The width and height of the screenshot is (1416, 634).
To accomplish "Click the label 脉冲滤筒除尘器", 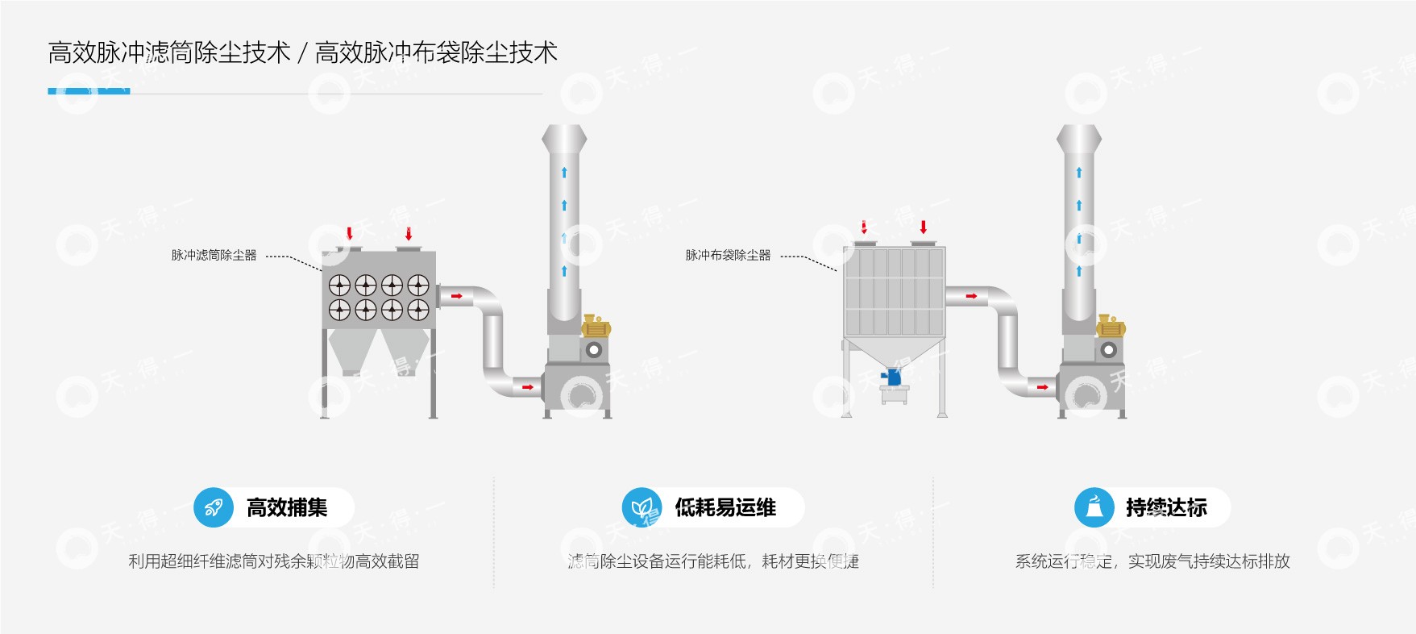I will pyautogui.click(x=214, y=255).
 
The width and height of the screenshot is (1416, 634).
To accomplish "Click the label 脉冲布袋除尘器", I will pyautogui.click(x=728, y=255).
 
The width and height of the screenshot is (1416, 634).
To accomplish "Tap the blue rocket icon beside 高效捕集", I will pyautogui.click(x=214, y=507).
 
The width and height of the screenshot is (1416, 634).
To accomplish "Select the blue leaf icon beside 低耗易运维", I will pyautogui.click(x=642, y=507).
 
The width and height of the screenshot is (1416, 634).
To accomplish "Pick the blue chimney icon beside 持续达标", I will pyautogui.click(x=1094, y=507).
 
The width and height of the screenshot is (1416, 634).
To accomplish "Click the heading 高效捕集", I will pyautogui.click(x=287, y=507).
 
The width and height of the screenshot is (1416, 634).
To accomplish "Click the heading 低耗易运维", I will pyautogui.click(x=725, y=507).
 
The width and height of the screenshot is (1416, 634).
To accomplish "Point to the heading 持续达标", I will pyautogui.click(x=1166, y=507).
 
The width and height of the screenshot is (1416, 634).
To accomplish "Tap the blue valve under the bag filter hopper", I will pyautogui.click(x=892, y=376).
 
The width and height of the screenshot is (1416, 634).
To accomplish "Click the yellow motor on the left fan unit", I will pyautogui.click(x=596, y=327).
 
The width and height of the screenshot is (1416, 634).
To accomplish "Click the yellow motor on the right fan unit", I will pyautogui.click(x=1111, y=327).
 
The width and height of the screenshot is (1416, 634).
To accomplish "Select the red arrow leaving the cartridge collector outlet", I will pyautogui.click(x=456, y=296).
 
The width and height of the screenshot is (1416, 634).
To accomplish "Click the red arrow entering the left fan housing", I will pyautogui.click(x=527, y=387).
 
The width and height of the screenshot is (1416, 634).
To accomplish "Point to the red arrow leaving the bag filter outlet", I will pyautogui.click(x=971, y=296).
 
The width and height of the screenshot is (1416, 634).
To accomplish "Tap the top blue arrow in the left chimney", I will pyautogui.click(x=564, y=172).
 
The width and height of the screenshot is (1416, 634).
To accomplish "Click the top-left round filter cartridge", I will pyautogui.click(x=339, y=285).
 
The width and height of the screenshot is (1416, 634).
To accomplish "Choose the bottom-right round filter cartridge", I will pyautogui.click(x=418, y=310).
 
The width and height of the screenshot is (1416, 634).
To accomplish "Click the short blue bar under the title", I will pyautogui.click(x=89, y=91).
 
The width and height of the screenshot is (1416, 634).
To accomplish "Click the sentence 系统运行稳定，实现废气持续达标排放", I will pyautogui.click(x=1152, y=561).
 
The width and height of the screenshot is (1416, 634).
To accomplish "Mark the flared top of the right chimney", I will pyautogui.click(x=1079, y=137).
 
